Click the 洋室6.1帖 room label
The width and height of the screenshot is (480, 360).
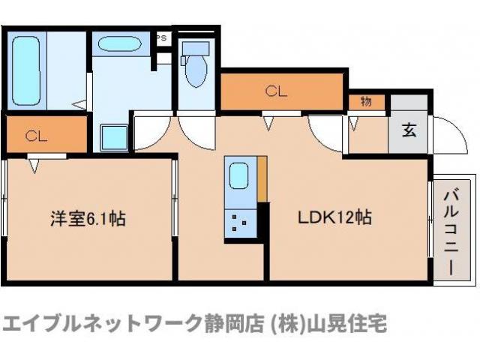(88, 220)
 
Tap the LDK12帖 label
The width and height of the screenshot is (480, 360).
(335, 219)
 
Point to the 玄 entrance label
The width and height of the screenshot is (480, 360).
(409, 130)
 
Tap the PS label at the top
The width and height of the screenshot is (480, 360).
(162, 35)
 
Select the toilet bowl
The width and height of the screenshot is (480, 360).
(197, 72)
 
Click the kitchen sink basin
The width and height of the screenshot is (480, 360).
(240, 176)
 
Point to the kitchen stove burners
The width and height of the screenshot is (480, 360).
(240, 223)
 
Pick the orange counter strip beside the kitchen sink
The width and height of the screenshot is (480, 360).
(262, 180)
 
